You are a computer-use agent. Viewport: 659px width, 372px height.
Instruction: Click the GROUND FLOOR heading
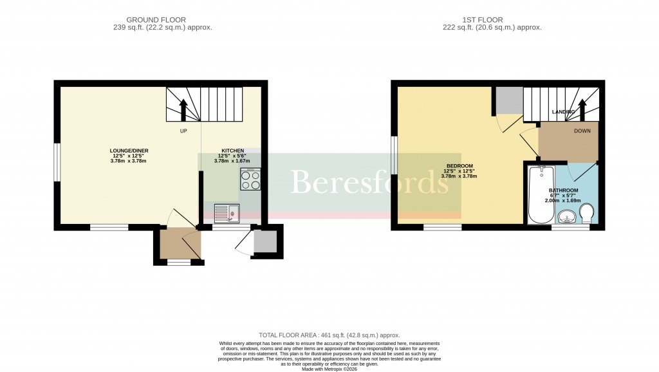[160, 20]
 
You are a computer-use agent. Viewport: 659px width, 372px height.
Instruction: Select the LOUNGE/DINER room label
[129, 151]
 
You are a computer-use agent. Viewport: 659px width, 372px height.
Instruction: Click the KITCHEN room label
[232, 151]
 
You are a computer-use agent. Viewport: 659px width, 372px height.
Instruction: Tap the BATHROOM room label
[563, 191]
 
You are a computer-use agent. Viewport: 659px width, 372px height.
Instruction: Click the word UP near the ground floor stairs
[183, 131]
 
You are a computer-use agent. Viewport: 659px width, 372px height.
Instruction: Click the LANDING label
[563, 112]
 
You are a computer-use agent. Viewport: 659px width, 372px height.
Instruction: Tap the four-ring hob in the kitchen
[250, 180]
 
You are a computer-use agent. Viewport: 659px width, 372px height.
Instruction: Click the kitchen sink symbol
[226, 212]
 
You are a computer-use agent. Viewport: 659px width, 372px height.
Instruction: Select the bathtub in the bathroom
[538, 194]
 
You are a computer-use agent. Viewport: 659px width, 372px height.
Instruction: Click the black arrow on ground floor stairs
[183, 109]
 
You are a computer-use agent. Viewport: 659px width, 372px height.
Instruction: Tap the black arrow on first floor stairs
[583, 109]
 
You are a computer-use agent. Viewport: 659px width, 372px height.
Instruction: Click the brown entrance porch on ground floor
[176, 244]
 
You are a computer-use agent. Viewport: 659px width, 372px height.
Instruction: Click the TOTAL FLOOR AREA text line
[329, 335]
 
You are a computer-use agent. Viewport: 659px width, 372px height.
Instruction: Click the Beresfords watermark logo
[370, 183]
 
